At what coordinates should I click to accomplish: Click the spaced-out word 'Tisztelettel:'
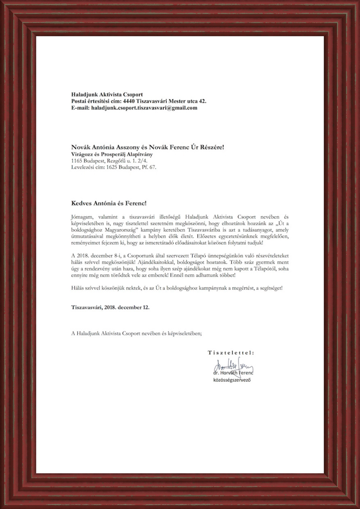coord(231,352)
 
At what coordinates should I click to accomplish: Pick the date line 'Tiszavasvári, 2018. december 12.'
coord(110,307)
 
